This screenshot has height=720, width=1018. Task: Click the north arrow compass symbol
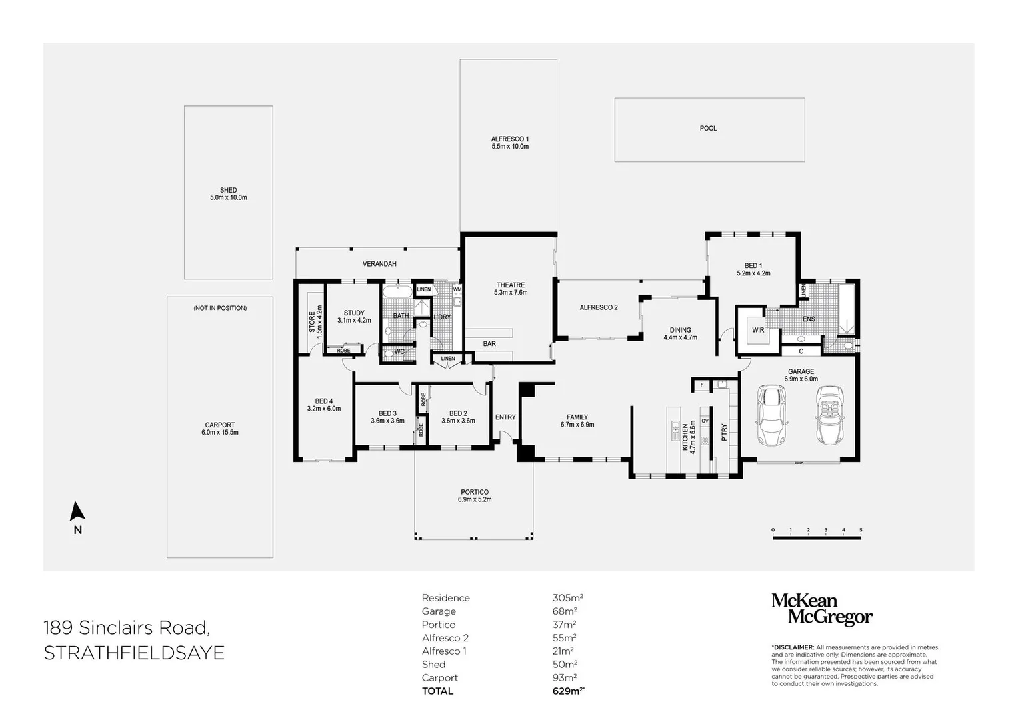click(77, 511)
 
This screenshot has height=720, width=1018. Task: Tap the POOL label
click(708, 128)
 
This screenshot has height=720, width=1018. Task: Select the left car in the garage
click(771, 418)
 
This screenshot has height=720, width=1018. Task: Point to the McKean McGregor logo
click(821, 609)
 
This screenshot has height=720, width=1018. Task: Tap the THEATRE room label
click(510, 285)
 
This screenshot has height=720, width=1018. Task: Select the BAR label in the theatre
click(489, 344)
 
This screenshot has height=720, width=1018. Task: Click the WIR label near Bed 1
click(758, 330)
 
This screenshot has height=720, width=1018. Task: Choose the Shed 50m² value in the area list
click(565, 665)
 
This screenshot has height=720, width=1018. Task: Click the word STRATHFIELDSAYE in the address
click(134, 653)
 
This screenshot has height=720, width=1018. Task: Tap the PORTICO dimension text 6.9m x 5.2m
click(474, 499)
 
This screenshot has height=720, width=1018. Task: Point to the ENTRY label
click(505, 417)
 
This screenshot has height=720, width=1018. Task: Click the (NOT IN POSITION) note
click(220, 308)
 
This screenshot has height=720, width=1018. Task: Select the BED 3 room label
click(387, 413)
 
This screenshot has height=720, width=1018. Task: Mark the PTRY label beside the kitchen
click(725, 433)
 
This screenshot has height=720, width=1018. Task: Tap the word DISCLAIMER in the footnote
click(793, 647)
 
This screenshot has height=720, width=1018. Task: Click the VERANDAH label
click(379, 264)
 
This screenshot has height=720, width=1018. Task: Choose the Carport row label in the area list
click(440, 678)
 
